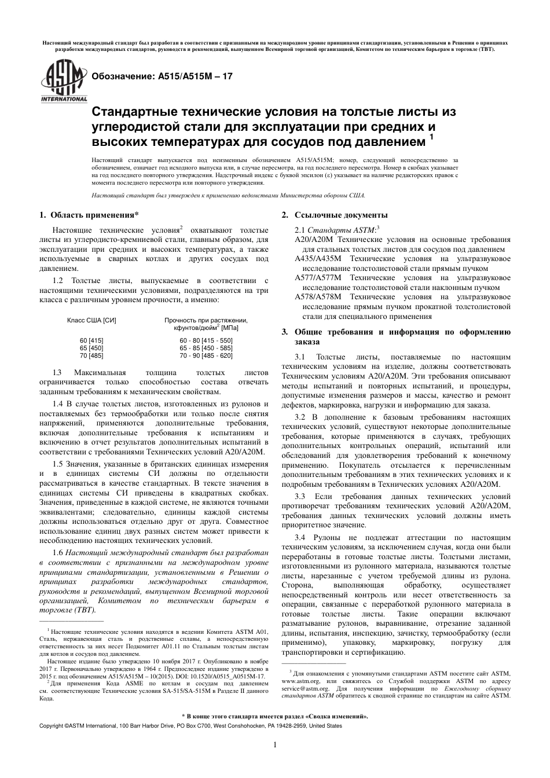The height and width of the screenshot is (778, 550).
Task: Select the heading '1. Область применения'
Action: point(89,215)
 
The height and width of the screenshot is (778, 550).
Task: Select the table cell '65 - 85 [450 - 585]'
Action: point(206,348)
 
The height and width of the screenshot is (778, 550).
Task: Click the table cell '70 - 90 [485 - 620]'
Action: point(206,355)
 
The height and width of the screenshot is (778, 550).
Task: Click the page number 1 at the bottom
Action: point(274,745)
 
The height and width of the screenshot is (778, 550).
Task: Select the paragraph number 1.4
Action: point(58,403)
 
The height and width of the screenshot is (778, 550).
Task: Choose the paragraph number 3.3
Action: point(300,497)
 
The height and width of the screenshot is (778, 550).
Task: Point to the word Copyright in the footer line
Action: point(51,725)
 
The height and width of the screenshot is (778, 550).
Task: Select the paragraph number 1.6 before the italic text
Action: point(58,553)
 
